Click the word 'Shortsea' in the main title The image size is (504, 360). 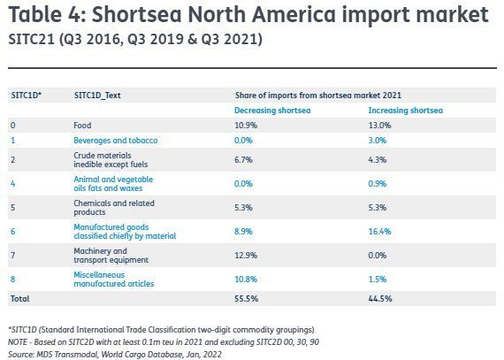136,15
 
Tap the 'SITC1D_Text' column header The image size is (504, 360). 97,96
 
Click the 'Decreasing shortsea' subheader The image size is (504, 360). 272,111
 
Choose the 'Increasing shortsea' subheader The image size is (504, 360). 405,111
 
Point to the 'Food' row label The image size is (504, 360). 82,126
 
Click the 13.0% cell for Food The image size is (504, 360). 379,126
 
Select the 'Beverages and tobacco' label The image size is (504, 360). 116,141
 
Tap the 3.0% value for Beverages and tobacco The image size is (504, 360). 378,141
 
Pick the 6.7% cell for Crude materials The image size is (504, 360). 243,160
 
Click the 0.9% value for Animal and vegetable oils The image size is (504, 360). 378,183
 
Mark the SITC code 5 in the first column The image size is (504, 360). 13,208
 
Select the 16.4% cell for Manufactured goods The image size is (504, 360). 379,232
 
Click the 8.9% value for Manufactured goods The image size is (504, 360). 243,232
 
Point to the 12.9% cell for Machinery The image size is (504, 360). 246,256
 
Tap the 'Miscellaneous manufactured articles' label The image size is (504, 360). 114,280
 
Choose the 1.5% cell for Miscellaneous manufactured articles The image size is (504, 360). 378,279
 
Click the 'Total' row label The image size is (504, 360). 20,299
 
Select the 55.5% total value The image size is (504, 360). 246,299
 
